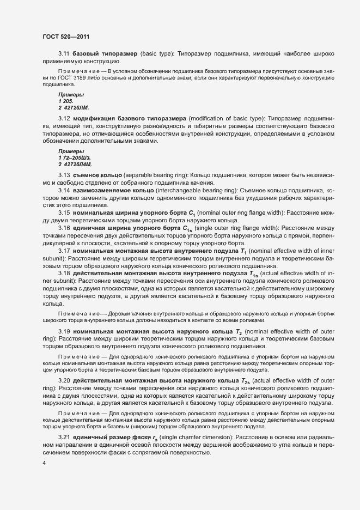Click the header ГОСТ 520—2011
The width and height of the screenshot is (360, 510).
(65, 37)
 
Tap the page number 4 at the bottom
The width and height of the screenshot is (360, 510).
(44, 463)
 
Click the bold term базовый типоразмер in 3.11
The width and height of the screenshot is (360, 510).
(105, 53)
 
